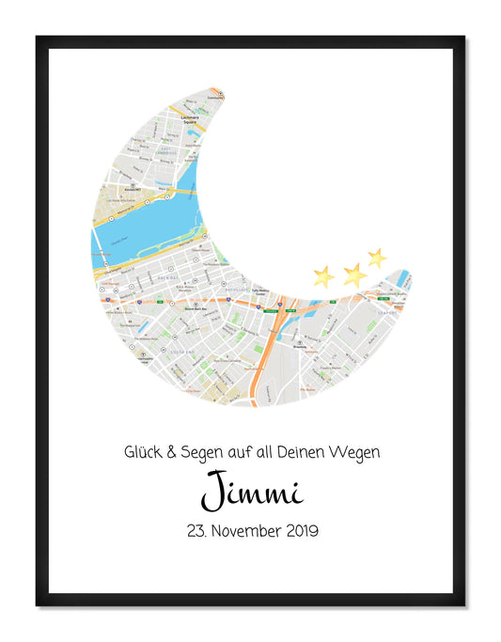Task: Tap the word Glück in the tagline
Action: [143, 452]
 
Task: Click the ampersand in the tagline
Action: [170, 452]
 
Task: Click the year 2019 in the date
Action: [298, 531]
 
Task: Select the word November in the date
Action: [239, 531]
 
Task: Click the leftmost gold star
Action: [323, 275]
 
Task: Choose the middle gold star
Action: [354, 274]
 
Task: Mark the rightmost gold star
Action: [377, 258]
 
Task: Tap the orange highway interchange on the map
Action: [280, 310]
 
